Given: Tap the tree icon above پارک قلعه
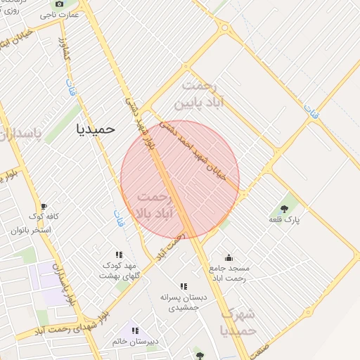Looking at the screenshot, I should [x=284, y=208].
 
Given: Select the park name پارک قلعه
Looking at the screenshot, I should [x=284, y=220].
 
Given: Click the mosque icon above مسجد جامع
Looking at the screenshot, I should [x=228, y=257].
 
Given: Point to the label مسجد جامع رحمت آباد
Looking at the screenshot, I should [x=229, y=274].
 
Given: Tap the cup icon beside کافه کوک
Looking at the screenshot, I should [x=44, y=206].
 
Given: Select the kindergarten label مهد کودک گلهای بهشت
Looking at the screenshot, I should [x=118, y=270].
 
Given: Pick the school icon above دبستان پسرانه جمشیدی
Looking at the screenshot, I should [x=184, y=286].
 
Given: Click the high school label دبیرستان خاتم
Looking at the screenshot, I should [x=134, y=342].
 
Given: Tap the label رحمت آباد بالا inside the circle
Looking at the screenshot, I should [x=157, y=203].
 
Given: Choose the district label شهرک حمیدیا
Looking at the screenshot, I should [x=238, y=321].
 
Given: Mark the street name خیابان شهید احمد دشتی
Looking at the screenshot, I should [x=192, y=150].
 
